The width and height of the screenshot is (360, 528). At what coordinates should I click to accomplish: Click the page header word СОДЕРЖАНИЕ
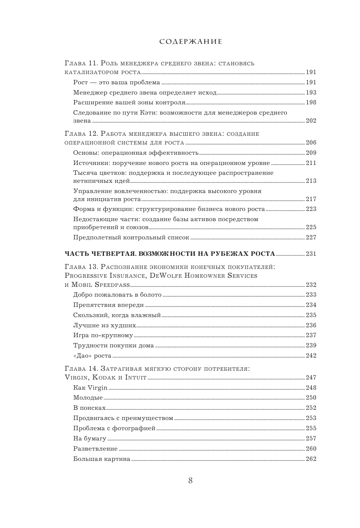tap(191, 42)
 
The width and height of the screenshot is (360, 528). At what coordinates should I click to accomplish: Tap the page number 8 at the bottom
tap(190, 480)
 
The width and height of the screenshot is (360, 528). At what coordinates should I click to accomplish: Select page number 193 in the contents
tap(311, 93)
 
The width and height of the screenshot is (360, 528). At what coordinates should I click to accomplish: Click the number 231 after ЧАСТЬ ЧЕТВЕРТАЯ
tap(311, 254)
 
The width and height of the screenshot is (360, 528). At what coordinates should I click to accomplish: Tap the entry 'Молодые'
tap(88, 398)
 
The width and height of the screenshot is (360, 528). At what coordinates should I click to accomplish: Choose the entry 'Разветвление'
tap(95, 449)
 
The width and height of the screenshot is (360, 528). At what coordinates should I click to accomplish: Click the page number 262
tap(311, 459)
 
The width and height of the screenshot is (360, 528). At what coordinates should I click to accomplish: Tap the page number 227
tap(311, 238)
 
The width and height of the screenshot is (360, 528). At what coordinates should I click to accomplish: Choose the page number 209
tap(311, 153)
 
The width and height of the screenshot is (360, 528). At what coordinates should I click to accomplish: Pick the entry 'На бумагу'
tap(90, 439)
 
